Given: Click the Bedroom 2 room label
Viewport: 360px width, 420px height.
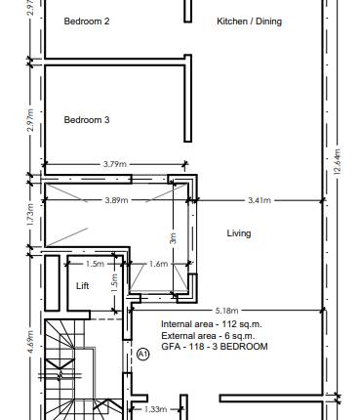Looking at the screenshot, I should click(x=87, y=21).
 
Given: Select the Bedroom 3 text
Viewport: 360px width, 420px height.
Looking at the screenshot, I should click(x=87, y=120).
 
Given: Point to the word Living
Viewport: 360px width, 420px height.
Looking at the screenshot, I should click(x=239, y=233).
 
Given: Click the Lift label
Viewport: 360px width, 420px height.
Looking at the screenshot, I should click(x=83, y=286).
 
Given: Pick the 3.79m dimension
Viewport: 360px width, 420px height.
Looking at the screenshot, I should click(x=114, y=165).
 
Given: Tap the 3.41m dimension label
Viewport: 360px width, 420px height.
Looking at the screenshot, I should click(x=259, y=199).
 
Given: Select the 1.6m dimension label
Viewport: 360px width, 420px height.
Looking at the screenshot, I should click(x=159, y=264).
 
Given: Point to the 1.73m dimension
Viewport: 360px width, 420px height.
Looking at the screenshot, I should click(x=30, y=215).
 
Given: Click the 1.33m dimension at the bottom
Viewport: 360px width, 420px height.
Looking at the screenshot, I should click(x=155, y=410).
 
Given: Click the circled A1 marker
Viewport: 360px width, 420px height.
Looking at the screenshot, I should click(x=142, y=354).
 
